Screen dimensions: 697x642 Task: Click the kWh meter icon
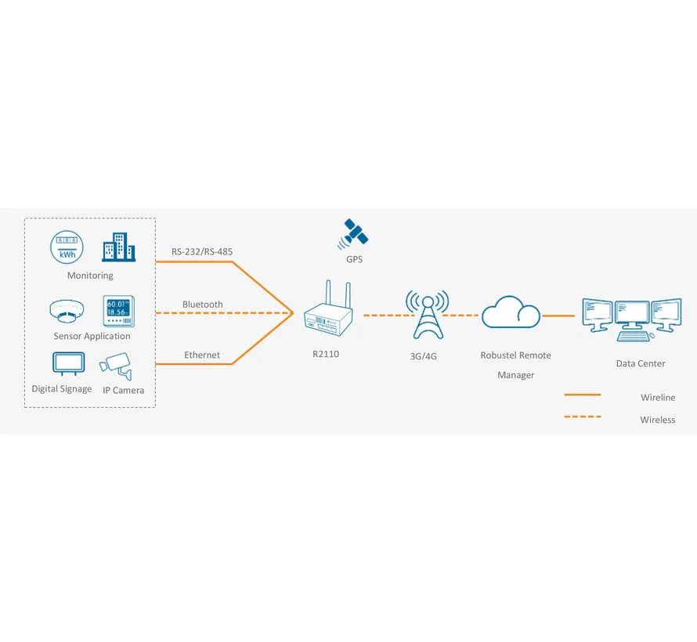pyautogui.click(x=67, y=247)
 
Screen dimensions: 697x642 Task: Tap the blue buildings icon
pyautogui.click(x=119, y=247)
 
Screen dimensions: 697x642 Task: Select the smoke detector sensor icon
pyautogui.click(x=67, y=311)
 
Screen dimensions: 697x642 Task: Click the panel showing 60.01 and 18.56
pyautogui.click(x=119, y=311)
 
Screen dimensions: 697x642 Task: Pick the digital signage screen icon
pyautogui.click(x=68, y=364)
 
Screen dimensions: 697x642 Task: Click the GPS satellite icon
pyautogui.click(x=353, y=234)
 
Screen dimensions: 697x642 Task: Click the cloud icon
pyautogui.click(x=511, y=312)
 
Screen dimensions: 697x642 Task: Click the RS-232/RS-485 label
pyautogui.click(x=202, y=251)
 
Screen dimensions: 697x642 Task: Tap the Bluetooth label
pyautogui.click(x=203, y=305)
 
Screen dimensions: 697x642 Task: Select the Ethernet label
pyautogui.click(x=202, y=355)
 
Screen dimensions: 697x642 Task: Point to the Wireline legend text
pyautogui.click(x=658, y=397)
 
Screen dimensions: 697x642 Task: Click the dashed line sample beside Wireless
pyautogui.click(x=583, y=417)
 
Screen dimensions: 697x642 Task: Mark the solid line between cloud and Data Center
pyautogui.click(x=558, y=316)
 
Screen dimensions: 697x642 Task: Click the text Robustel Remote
pyautogui.click(x=515, y=355)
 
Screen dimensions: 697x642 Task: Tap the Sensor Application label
pyautogui.click(x=92, y=337)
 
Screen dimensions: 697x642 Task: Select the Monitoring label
pyautogui.click(x=90, y=276)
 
